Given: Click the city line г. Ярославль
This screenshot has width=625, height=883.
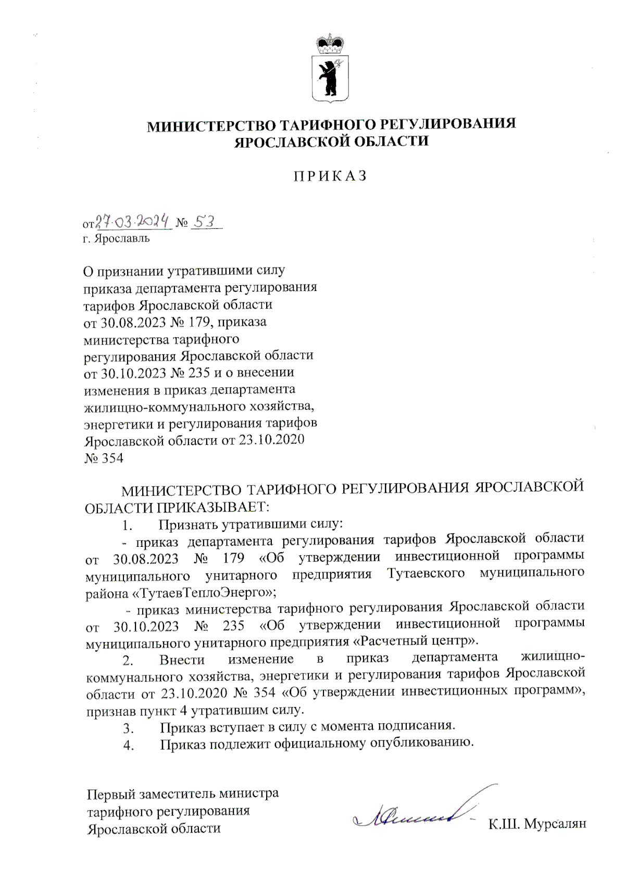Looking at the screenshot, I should click(116, 239).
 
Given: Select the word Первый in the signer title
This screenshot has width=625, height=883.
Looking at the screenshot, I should click(111, 794).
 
